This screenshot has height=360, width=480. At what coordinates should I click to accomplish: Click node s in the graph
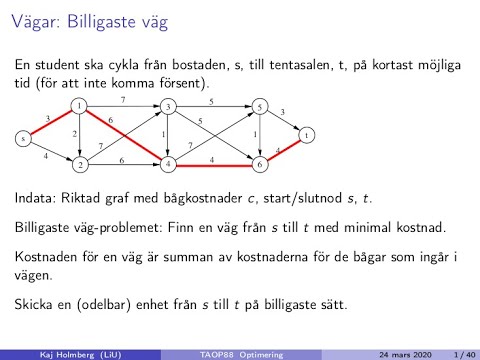pyautogui.click(x=21, y=138)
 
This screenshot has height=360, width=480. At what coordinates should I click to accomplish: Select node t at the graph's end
pyautogui.click(x=308, y=133)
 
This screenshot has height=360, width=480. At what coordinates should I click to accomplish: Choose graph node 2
pyautogui.click(x=78, y=162)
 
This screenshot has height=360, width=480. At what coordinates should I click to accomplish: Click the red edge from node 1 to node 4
pyautogui.click(x=124, y=134)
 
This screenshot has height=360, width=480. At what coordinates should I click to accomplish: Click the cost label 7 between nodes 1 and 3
pyautogui.click(x=123, y=99)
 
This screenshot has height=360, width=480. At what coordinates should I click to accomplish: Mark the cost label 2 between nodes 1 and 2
pyautogui.click(x=73, y=133)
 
